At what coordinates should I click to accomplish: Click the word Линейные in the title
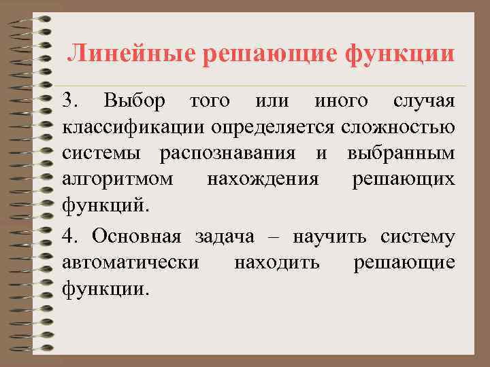click(129, 53)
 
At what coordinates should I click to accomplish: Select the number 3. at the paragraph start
click(71, 102)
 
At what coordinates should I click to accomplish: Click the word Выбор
click(134, 102)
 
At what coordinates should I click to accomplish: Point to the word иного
click(340, 102)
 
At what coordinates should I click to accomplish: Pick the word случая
click(424, 102)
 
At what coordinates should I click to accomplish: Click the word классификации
click(133, 128)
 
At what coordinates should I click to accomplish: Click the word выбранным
click(401, 154)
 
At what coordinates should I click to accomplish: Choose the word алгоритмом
click(116, 179)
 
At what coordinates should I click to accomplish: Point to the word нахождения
click(262, 179)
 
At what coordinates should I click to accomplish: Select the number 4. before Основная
click(71, 237)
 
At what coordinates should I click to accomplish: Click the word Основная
click(136, 237)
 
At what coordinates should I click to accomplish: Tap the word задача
click(225, 237)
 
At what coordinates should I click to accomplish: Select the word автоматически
click(130, 262)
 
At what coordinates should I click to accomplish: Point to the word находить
click(276, 262)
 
